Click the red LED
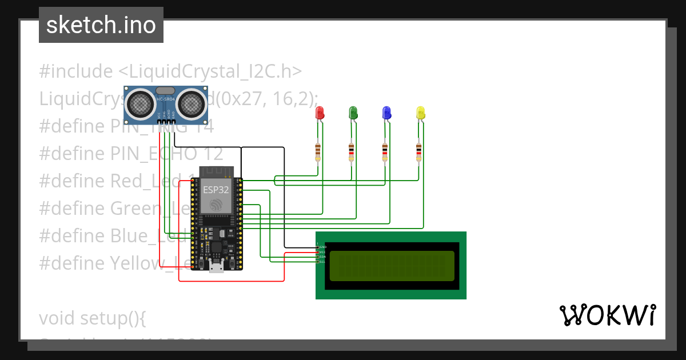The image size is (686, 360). point(320,113)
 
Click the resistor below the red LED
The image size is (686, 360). point(318,151)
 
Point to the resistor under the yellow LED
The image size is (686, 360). point(419,151)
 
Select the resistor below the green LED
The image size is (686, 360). point(351,151)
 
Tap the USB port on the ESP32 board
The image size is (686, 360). point(217,266)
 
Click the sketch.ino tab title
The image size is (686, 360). point(101,25)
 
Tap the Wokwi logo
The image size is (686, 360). point(607,315)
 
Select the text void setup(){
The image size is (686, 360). point(93,318)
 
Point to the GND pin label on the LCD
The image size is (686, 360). point(323,247)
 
